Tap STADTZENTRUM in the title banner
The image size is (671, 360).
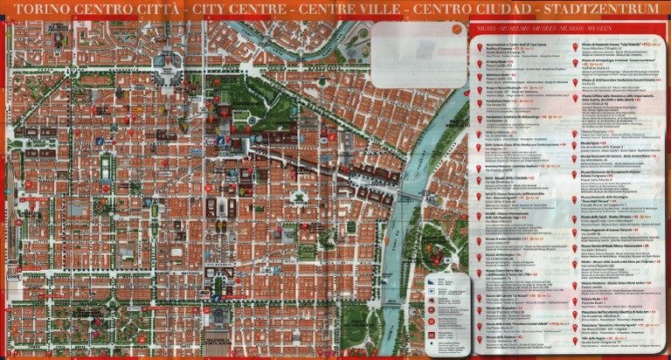[602, 10]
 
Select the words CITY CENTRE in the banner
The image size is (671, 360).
[240, 10]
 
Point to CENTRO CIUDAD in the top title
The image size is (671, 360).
[475, 10]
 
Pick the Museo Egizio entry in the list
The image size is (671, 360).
[502, 239]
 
